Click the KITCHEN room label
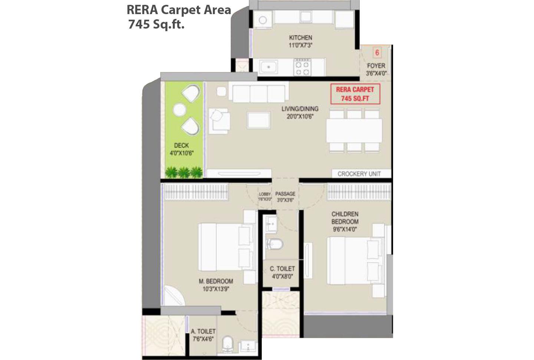pos(300,37)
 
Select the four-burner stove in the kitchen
pos(302,68)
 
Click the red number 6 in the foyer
pos(377,53)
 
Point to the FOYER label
pos(376,66)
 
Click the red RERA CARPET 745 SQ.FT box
pos(355,94)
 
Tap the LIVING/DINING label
pos(300,109)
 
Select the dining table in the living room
pos(354,130)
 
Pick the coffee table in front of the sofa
pos(259,120)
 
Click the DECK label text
pos(181,145)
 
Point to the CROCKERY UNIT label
pos(359,174)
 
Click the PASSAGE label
pos(285,194)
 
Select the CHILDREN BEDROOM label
pos(345,218)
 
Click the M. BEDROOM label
pos(216,281)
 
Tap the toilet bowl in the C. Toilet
pos(274,244)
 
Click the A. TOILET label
pos(203,331)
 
